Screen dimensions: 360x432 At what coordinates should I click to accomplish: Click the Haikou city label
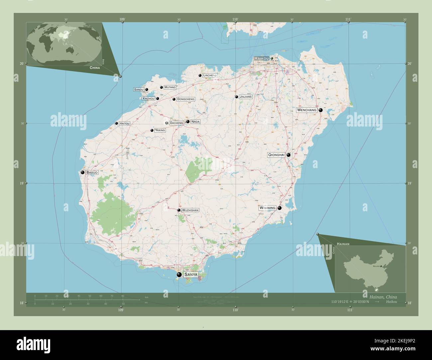261,58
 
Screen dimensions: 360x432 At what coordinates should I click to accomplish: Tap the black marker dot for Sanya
179,275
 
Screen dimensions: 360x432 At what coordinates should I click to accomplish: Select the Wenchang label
307,110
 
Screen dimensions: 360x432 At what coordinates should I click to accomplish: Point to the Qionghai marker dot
288,155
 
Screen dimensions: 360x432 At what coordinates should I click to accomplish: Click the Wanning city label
268,208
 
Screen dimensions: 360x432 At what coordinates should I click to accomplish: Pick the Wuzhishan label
190,210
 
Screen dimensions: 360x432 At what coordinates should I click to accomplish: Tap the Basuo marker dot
82,172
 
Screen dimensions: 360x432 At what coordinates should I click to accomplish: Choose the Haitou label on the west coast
124,124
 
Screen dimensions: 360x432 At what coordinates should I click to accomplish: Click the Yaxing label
160,131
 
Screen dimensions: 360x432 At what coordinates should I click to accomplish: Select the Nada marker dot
188,122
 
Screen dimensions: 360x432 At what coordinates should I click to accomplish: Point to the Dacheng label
176,123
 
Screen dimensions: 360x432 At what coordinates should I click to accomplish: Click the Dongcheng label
186,99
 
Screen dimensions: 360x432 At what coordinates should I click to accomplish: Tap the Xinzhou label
148,99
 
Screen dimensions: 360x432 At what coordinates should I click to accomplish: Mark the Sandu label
139,90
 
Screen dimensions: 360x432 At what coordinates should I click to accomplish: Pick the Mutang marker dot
162,88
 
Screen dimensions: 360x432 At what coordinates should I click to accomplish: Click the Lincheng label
210,76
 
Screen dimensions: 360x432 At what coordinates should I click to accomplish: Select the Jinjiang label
246,97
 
